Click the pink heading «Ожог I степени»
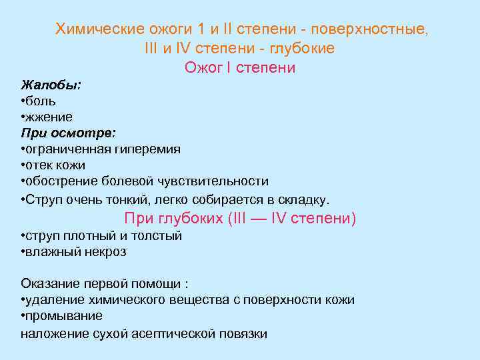[x=239, y=68]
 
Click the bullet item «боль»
[x=41, y=101]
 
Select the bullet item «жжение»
[x=50, y=117]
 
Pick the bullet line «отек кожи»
[x=55, y=165]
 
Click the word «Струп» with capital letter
[x=42, y=199]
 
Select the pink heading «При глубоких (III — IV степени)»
[x=241, y=219]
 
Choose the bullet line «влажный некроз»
[x=75, y=252]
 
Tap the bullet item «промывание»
[x=63, y=316]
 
